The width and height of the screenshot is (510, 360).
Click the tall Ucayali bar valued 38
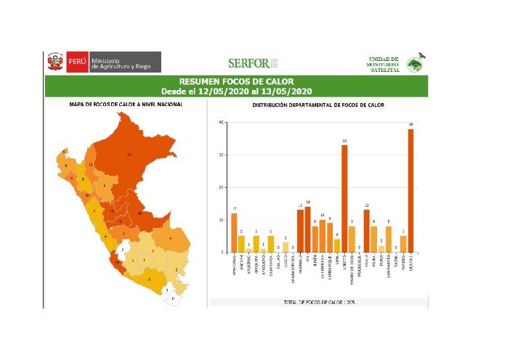pos(410,189)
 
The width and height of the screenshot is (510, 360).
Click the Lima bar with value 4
pos(336,245)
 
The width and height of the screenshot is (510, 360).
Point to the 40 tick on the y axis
pos(220,123)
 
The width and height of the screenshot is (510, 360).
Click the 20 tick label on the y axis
pos(220,187)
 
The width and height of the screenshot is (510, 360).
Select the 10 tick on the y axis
pos(220,219)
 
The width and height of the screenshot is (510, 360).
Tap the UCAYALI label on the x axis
pos(411,261)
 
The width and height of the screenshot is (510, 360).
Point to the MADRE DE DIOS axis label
pos(352,269)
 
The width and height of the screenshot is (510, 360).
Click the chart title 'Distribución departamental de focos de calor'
pos(318,105)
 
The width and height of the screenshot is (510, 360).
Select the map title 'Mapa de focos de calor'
pos(126,105)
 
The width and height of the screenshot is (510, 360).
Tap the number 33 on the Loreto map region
pos(129,155)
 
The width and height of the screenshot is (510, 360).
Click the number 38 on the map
pos(139,214)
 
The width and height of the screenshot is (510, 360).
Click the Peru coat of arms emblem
pos(55,62)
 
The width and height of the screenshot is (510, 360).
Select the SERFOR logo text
pos(248,63)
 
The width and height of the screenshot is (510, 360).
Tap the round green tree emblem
pos(415,64)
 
